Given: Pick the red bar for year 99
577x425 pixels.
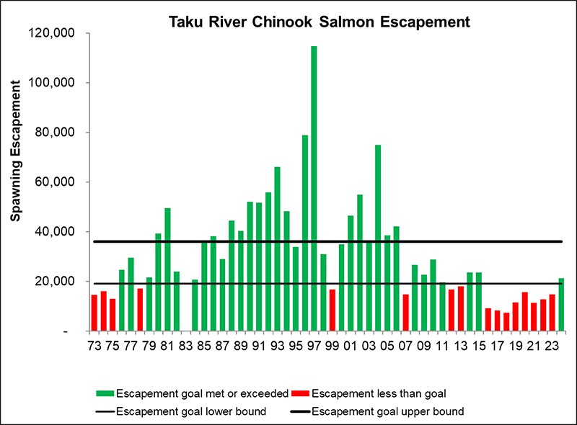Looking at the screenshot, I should (332, 310).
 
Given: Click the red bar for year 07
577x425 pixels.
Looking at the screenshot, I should (405, 313).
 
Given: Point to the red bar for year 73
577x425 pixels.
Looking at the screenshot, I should (94, 313).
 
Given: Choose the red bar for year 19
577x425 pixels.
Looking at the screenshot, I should (515, 317).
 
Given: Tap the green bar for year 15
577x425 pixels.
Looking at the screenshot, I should (478, 302).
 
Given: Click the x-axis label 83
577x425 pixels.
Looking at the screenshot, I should (185, 345).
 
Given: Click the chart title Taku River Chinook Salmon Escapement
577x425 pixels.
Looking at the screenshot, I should (319, 22).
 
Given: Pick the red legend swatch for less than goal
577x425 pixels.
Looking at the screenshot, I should (299, 393).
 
